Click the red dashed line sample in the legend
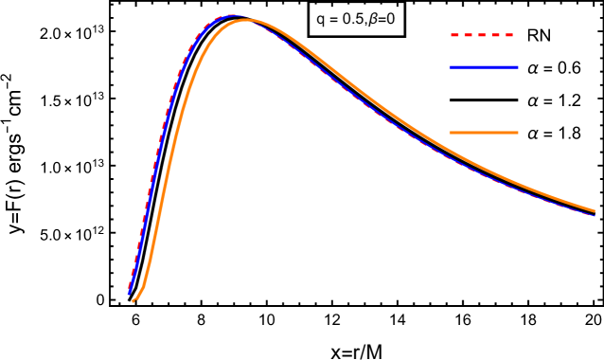click(x=482, y=35)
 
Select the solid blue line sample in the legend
click(x=483, y=67)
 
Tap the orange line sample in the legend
click(x=483, y=133)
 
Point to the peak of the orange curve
click(x=248, y=20)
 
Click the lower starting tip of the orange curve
click(x=133, y=301)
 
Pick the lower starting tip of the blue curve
click(x=130, y=295)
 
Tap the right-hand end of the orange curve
click(x=595, y=211)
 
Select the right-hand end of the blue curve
click(x=595, y=215)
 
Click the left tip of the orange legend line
click(x=450, y=133)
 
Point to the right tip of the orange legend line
click(x=518, y=133)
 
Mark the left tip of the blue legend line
click(x=450, y=67)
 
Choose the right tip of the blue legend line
click(x=518, y=67)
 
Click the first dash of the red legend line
click(x=454, y=35)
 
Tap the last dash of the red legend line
click(x=508, y=35)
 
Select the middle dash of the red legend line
click(x=482, y=35)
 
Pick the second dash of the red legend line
click(x=469, y=35)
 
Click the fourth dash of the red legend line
click(x=495, y=35)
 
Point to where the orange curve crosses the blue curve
click(x=254, y=21)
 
